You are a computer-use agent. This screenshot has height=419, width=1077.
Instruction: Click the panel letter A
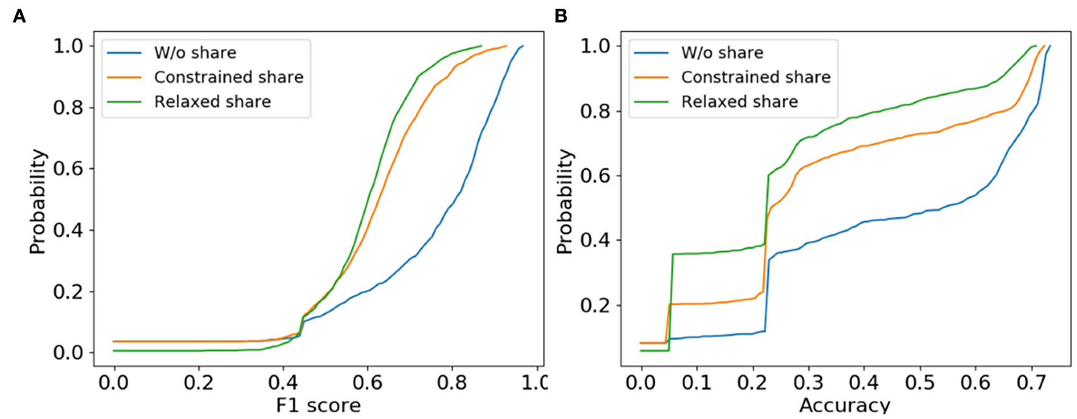pos(19,16)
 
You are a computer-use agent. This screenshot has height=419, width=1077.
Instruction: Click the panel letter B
pos(560,16)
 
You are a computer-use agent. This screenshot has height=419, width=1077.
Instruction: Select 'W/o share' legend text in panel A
pos(194,53)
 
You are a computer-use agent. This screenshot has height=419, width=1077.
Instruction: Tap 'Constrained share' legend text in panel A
pos(229,77)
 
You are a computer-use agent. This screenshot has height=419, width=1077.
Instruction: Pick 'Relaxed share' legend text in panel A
pos(212,102)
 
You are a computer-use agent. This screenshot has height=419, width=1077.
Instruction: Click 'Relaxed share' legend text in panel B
pos(739,102)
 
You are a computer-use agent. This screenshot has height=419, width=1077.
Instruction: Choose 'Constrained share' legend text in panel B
pos(755,77)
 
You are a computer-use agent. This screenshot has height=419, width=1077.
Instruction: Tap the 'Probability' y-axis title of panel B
pos(565,201)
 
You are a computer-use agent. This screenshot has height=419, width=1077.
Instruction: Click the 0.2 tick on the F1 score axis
pos(198,383)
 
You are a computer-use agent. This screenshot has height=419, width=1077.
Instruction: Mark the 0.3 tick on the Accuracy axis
pos(808,383)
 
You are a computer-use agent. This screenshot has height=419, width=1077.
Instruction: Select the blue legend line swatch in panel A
pos(124,53)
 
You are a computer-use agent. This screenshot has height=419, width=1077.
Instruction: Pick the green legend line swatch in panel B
pos(651,102)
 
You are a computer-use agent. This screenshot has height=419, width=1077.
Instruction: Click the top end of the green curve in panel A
pos(481,46)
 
